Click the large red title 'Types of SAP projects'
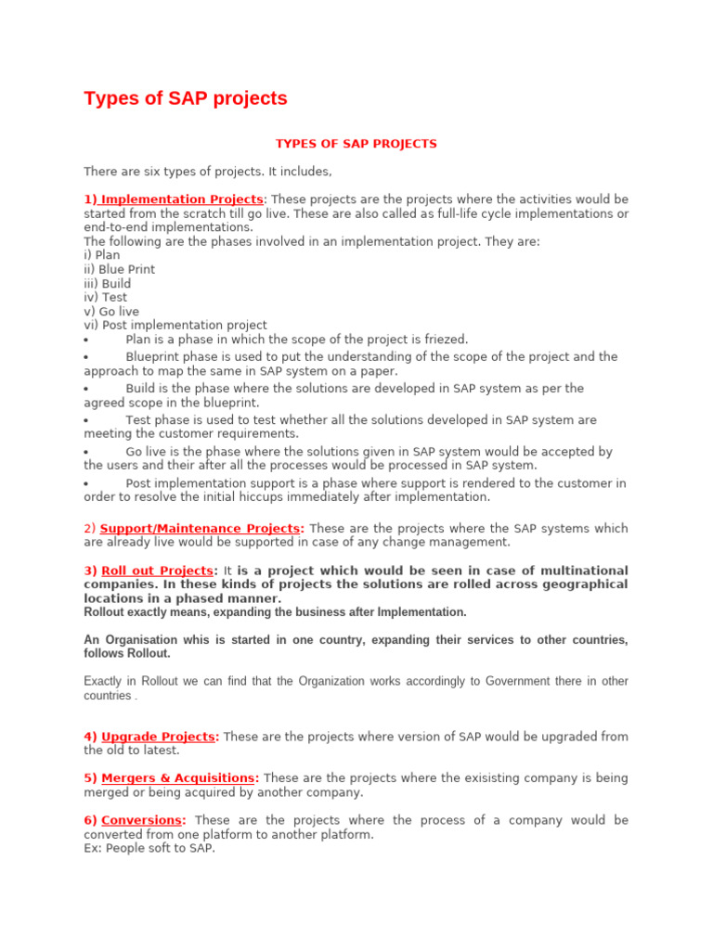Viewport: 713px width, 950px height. [186, 98]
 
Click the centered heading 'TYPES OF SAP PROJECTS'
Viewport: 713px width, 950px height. [356, 144]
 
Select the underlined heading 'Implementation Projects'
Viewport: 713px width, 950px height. [182, 199]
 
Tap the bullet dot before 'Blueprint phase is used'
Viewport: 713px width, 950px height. [86, 357]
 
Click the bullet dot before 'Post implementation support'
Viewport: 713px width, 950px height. [86, 484]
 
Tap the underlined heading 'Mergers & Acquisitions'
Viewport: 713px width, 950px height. [177, 778]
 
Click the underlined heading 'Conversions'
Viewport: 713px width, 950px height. [143, 820]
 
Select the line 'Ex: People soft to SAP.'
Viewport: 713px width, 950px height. [149, 848]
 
